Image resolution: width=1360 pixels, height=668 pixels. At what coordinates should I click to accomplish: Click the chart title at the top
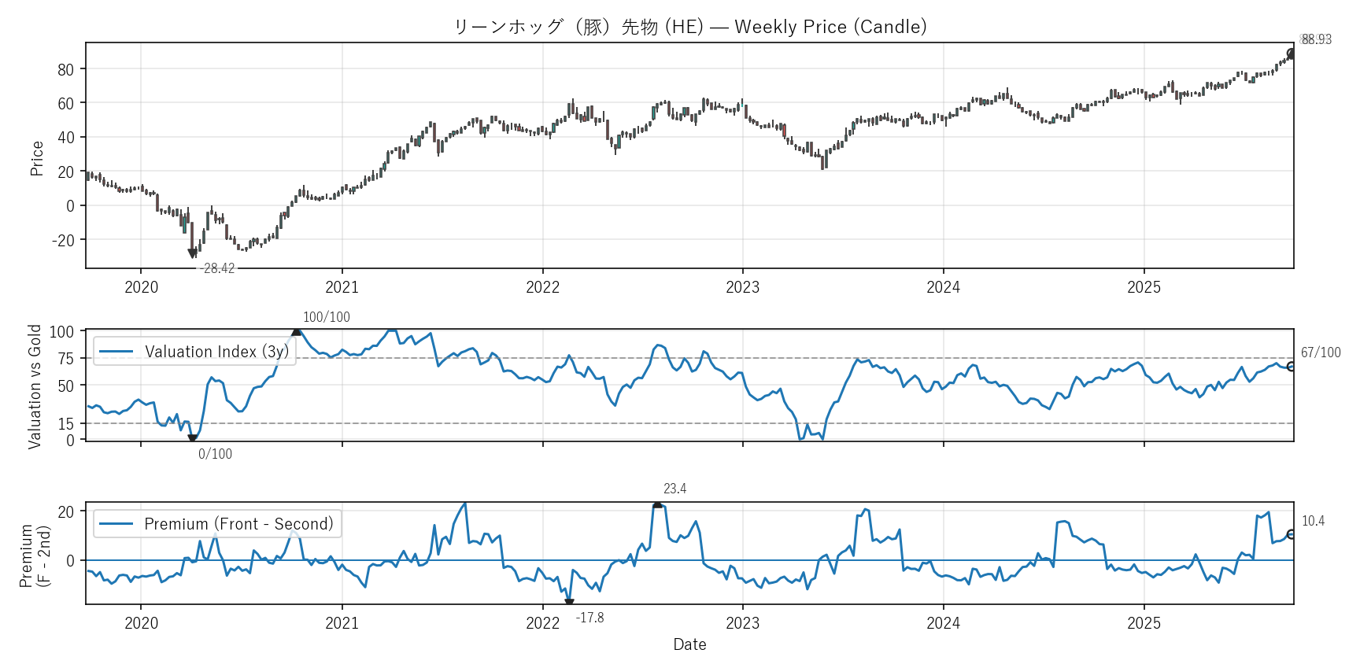pos(689,27)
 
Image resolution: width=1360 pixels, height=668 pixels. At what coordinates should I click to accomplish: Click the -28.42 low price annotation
pos(217,268)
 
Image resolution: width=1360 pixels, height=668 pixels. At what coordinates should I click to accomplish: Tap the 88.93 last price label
pos(1316,39)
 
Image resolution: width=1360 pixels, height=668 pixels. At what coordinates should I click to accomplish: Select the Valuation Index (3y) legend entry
pos(216,352)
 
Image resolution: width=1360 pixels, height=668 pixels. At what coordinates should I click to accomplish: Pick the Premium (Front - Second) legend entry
pos(238,524)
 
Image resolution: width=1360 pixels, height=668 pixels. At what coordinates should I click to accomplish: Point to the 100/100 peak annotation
pos(327,317)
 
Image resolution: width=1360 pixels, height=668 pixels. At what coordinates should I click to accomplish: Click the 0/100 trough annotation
pos(215,454)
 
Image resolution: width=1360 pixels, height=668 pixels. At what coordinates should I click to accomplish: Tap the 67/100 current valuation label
pos(1321,352)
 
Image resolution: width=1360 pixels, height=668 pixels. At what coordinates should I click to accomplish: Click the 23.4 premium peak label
pos(674,489)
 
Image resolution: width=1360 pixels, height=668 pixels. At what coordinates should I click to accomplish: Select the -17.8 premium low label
pos(589,618)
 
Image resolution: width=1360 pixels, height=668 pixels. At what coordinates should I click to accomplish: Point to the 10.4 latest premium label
pos(1313,521)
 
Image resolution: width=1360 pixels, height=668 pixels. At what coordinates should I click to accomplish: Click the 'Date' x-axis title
pos(689,644)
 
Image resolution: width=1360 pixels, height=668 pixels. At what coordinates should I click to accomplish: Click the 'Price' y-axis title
pos(37,158)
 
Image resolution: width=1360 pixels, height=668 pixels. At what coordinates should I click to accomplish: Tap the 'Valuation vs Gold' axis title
pos(35,386)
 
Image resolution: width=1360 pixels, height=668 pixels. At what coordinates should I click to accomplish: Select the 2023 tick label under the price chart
pos(742,287)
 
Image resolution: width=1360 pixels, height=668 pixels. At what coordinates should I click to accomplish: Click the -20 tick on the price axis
pos(63,240)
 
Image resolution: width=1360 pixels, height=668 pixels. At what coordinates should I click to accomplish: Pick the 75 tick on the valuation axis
pos(66,359)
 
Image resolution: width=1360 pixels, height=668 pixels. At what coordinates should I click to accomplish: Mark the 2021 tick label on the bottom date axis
pos(342,623)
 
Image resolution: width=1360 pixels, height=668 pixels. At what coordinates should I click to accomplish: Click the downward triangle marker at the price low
pos(192,253)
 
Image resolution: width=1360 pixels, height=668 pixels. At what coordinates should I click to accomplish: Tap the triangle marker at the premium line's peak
pos(657,504)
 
